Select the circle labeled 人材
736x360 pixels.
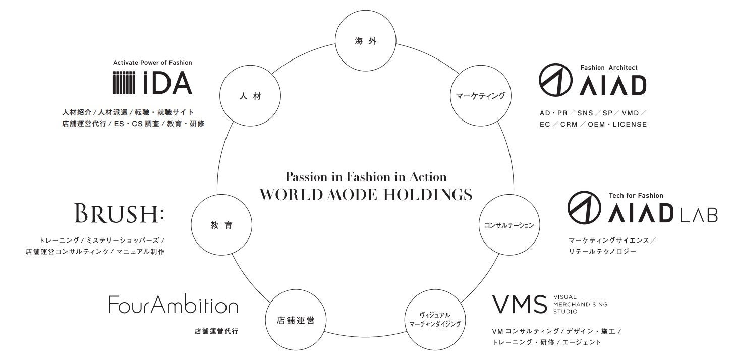[251, 96]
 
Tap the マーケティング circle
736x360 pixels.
[480, 96]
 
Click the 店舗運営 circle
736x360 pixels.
[296, 320]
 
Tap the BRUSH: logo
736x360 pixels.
[119, 214]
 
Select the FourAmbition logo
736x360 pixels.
[173, 305]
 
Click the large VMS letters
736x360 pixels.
[519, 305]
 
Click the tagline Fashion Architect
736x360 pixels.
[608, 67]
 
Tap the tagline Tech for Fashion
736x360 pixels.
[636, 195]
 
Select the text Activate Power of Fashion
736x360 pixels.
[152, 63]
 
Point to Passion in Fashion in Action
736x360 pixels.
[366, 176]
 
